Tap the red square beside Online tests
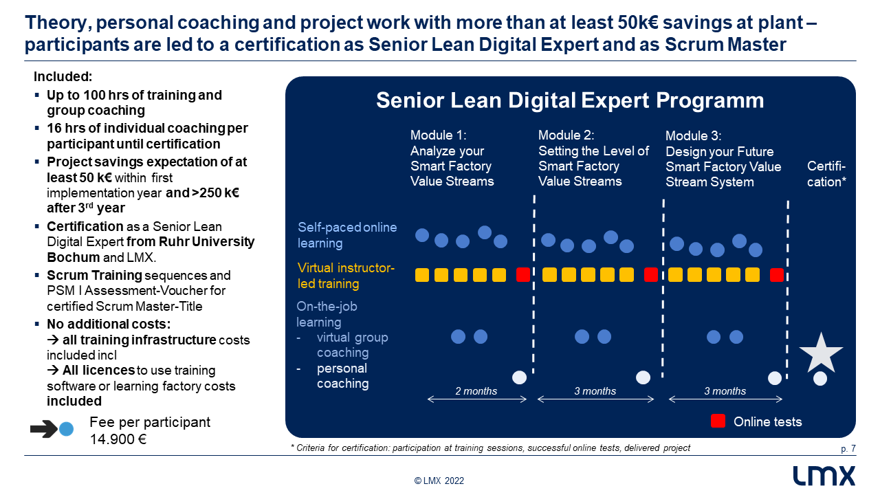pyautogui.click(x=718, y=421)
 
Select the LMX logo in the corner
pyautogui.click(x=824, y=476)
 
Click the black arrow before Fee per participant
pyautogui.click(x=44, y=429)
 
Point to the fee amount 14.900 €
pyautogui.click(x=118, y=439)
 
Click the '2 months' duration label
pyautogui.click(x=476, y=391)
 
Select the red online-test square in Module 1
pyautogui.click(x=523, y=274)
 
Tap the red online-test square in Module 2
pyautogui.click(x=651, y=274)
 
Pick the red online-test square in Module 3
pyautogui.click(x=777, y=275)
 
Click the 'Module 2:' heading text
pyautogui.click(x=566, y=135)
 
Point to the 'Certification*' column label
pyautogui.click(x=826, y=174)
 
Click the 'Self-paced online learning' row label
pyautogui.click(x=347, y=235)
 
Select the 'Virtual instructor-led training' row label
pyautogui.click(x=346, y=276)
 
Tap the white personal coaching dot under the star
pyautogui.click(x=820, y=378)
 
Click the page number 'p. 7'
pyautogui.click(x=848, y=449)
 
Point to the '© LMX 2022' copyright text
pyautogui.click(x=439, y=481)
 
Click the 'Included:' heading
pyautogui.click(x=63, y=76)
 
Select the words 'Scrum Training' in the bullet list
pyautogui.click(x=94, y=276)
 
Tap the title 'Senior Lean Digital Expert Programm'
pyautogui.click(x=570, y=100)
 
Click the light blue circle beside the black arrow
pyautogui.click(x=66, y=429)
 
